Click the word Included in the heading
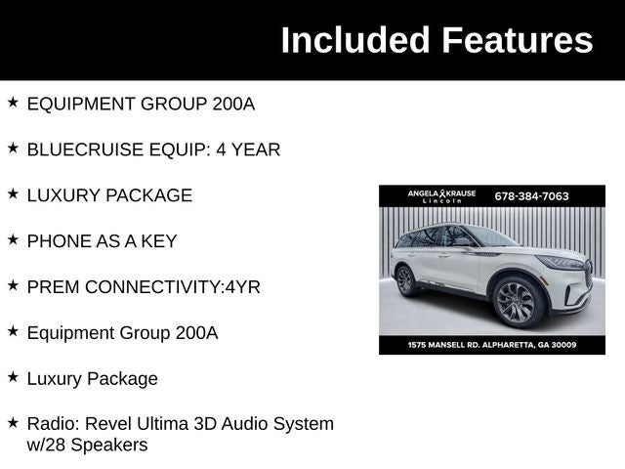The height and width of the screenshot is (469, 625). click(355, 40)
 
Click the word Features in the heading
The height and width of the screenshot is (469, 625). click(517, 40)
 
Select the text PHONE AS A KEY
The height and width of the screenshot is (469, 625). click(102, 240)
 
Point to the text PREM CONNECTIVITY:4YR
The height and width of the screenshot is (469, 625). click(144, 287)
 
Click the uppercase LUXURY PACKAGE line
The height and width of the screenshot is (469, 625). click(109, 195)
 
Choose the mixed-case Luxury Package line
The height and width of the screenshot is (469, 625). click(92, 378)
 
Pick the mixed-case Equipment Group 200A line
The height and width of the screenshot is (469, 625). click(122, 332)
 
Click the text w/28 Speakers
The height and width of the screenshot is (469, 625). click(87, 446)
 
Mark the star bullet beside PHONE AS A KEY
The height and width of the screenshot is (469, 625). click(13, 239)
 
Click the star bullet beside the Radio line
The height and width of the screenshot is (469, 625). click(13, 423)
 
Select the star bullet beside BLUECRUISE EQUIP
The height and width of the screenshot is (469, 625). click(13, 149)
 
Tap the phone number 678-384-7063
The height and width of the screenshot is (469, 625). click(531, 196)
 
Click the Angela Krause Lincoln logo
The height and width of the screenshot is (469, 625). click(441, 195)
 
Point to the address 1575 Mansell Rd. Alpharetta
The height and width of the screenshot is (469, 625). click(492, 345)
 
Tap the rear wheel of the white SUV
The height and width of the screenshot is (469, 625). click(406, 280)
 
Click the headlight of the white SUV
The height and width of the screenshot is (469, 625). click(562, 262)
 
